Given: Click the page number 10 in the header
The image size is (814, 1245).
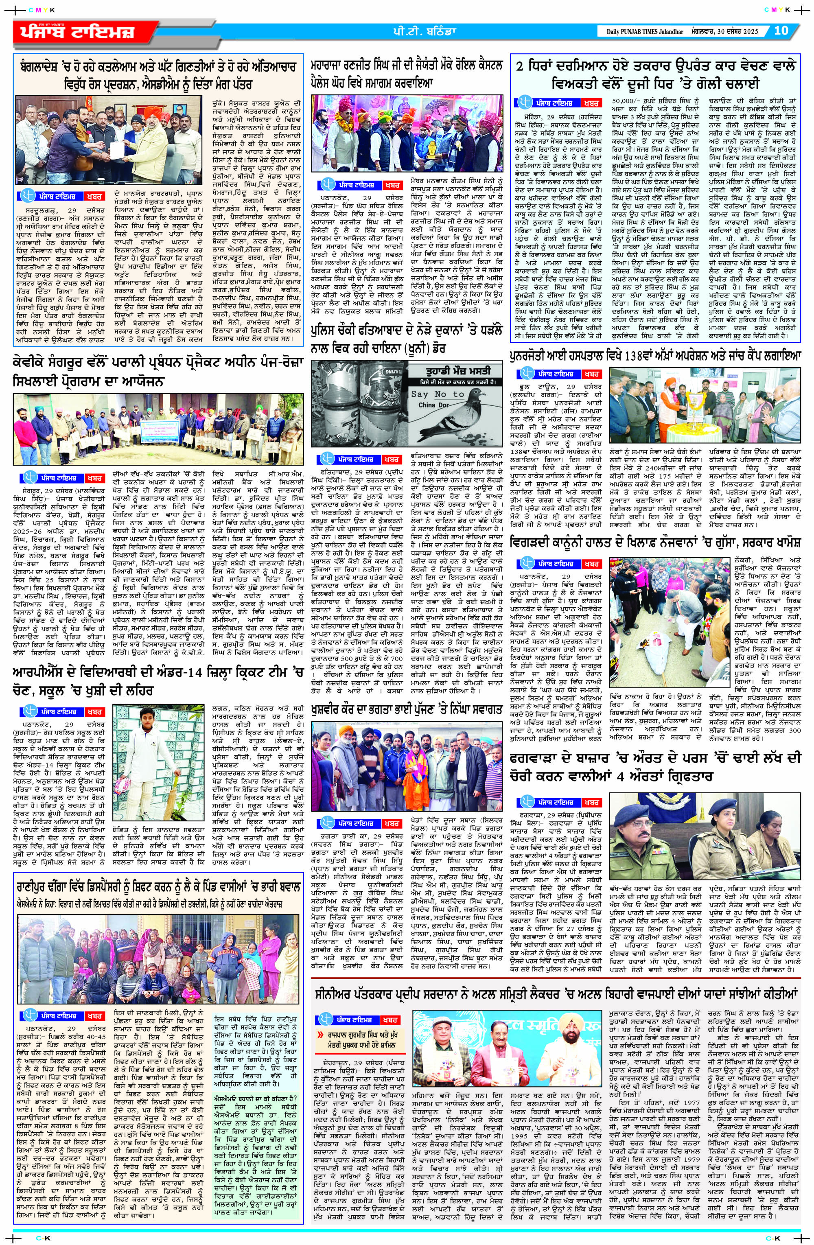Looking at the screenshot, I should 781,31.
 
